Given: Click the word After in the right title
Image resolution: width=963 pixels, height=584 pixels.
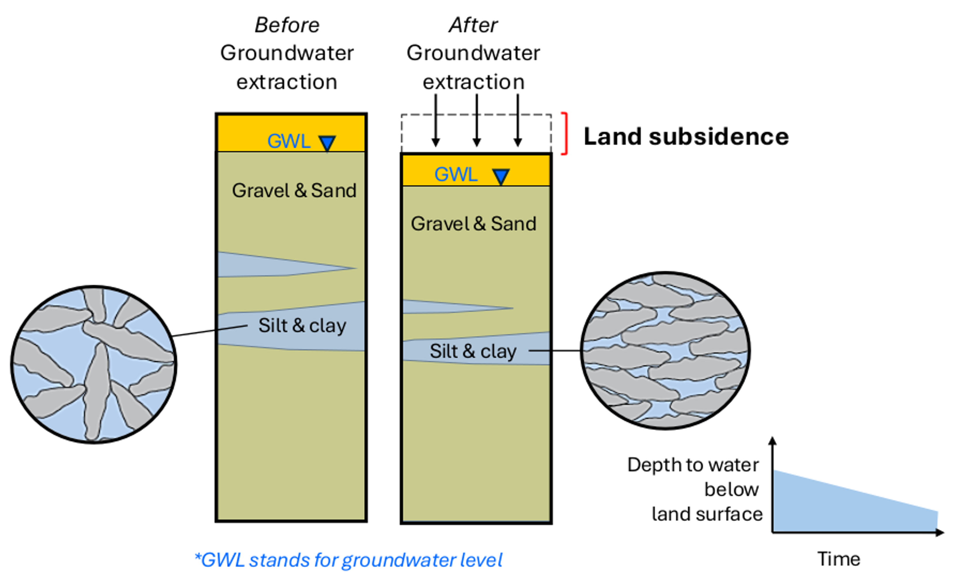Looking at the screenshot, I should [473, 25].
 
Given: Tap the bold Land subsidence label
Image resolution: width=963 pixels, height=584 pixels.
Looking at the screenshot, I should [686, 137].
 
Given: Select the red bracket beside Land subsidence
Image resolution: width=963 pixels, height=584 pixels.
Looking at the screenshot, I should [565, 134].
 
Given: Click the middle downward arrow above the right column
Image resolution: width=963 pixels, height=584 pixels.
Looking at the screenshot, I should [476, 121].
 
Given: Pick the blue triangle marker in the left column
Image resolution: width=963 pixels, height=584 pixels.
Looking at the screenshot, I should [327, 143].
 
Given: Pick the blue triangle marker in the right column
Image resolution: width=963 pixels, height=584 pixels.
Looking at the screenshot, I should [501, 176].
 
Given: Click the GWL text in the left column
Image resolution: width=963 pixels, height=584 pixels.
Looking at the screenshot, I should [289, 141].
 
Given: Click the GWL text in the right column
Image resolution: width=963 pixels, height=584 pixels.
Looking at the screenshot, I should [456, 174].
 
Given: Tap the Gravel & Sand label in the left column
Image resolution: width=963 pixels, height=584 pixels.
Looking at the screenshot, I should [294, 191].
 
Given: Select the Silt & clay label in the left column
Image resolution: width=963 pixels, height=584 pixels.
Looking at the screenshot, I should [302, 326].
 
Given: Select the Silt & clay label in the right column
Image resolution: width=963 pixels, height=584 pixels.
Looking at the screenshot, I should [473, 351].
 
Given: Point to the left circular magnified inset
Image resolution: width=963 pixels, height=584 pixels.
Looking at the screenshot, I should [94, 365].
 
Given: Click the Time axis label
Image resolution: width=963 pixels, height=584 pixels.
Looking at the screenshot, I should [839, 559].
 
